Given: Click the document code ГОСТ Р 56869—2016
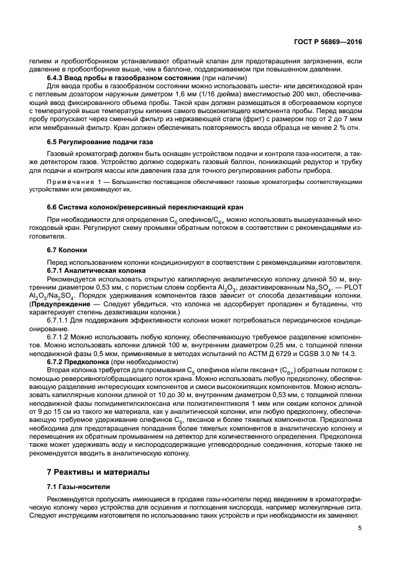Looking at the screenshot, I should pyautogui.click(x=328, y=42).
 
